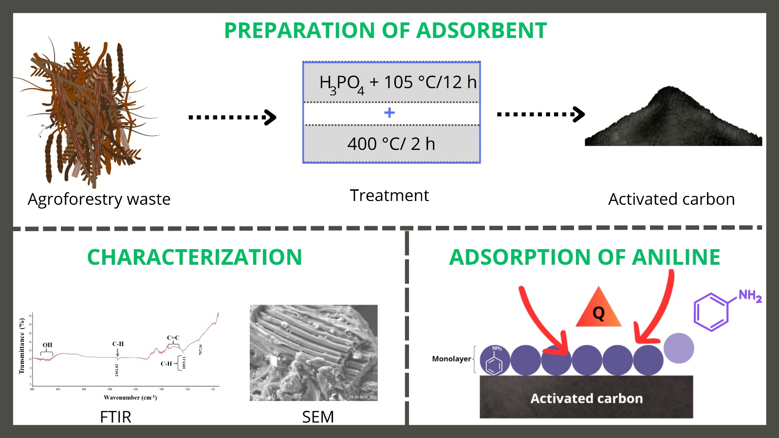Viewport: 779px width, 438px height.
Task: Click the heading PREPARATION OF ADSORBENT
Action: tap(385, 30)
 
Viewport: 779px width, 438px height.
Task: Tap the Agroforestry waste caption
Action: tap(99, 199)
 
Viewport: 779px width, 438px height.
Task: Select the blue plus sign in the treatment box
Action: tap(389, 113)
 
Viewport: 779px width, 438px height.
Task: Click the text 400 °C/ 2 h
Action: tap(391, 144)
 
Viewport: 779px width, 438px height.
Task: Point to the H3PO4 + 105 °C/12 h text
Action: tap(397, 83)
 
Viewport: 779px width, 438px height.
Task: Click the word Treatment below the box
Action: tap(389, 195)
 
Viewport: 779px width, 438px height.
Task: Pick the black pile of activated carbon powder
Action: tap(673, 122)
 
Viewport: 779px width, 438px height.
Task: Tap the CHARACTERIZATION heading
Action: tap(194, 257)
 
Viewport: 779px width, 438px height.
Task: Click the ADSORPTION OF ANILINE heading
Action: tap(584, 257)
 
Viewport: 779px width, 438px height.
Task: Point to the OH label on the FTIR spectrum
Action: tap(47, 345)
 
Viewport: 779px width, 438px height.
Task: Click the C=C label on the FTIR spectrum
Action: tap(173, 337)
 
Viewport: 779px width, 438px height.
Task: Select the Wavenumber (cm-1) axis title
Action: tap(130, 398)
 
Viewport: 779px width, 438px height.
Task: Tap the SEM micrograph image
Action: tap(314, 352)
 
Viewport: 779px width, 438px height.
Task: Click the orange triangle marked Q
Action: tap(598, 310)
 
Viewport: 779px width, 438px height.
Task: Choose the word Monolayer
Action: tap(451, 359)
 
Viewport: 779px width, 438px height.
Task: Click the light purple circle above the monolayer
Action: tap(679, 348)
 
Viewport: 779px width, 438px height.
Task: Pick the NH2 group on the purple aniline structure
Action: tap(750, 295)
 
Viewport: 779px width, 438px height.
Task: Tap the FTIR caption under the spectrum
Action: tap(115, 417)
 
